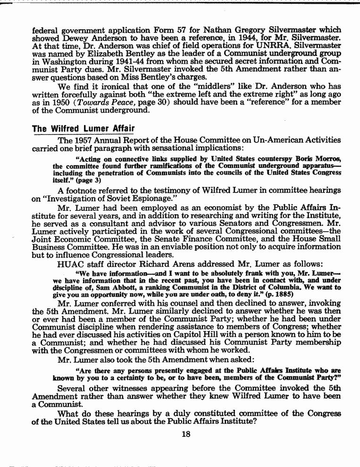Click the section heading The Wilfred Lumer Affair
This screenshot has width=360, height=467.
(x=83, y=129)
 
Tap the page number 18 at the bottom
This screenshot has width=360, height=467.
(x=186, y=434)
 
